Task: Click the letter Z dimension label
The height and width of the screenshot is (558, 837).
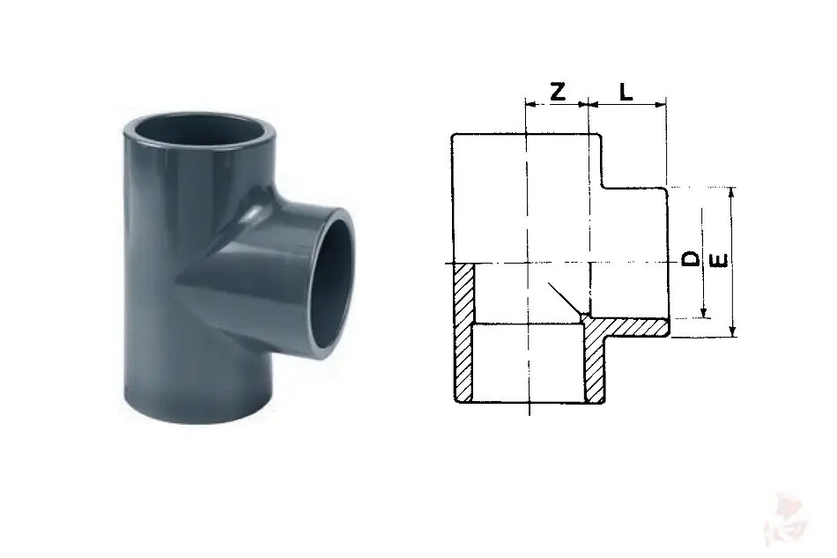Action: tap(558, 92)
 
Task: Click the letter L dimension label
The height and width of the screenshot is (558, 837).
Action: tap(626, 92)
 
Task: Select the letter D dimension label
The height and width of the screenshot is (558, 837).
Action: tap(692, 258)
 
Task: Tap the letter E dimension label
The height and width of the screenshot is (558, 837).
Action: tap(720, 261)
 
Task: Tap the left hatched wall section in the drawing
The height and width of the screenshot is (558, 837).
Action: tap(463, 332)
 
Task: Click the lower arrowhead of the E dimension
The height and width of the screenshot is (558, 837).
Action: tap(733, 331)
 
